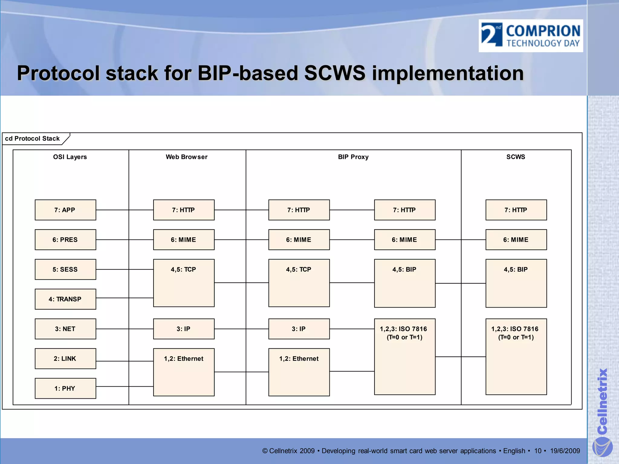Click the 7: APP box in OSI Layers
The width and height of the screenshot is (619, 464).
[x=65, y=210]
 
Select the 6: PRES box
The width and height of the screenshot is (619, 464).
[x=65, y=240]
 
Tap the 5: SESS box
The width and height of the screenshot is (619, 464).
[x=65, y=269]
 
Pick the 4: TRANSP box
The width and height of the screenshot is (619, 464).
[x=65, y=299]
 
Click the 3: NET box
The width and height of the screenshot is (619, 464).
[x=65, y=329]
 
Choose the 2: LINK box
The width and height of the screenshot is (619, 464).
[x=65, y=359]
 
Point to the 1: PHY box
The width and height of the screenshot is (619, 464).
[x=65, y=388]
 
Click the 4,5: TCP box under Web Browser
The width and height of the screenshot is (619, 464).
[x=184, y=283]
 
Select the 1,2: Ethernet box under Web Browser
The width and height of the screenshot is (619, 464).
[x=184, y=372]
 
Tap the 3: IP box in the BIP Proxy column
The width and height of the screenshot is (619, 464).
[x=299, y=329]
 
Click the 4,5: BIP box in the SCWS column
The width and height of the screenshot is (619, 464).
[x=516, y=283]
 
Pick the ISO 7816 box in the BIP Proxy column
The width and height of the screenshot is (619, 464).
[x=405, y=356]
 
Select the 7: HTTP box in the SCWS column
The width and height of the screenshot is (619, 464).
[x=516, y=210]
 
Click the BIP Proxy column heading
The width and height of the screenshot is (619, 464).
[x=353, y=157]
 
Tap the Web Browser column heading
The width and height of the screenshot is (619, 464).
[x=186, y=157]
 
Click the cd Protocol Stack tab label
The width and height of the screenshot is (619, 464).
[x=32, y=138]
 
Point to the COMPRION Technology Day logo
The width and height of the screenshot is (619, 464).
[x=531, y=36]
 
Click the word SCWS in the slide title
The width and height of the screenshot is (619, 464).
[x=334, y=73]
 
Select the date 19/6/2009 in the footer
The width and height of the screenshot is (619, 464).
[x=565, y=451]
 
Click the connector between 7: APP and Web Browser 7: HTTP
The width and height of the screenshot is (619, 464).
[x=125, y=210]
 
